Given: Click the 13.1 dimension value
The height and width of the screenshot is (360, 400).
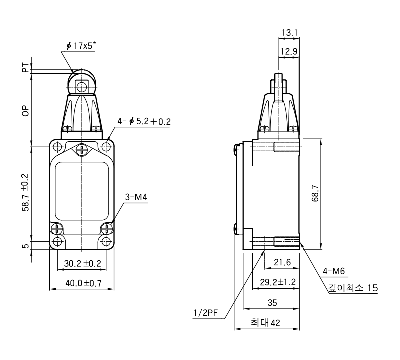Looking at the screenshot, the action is click(x=290, y=33).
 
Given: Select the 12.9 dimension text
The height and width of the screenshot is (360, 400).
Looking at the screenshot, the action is click(x=289, y=52).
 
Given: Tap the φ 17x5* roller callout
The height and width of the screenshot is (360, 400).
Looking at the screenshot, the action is click(x=81, y=46).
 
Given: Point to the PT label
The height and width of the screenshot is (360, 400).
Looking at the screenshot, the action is click(x=26, y=68).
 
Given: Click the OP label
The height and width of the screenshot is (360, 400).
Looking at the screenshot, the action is click(x=26, y=111).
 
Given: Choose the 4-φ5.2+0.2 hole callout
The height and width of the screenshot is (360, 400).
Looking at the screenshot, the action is click(x=144, y=121).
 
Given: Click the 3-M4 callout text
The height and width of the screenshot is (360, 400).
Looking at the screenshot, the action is click(x=136, y=197).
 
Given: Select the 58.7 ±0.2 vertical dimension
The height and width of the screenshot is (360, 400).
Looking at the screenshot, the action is click(x=26, y=193).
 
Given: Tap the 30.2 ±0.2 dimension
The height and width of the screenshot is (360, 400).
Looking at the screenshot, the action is click(x=82, y=263).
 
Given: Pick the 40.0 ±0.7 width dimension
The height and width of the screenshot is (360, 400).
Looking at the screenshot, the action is click(x=83, y=283).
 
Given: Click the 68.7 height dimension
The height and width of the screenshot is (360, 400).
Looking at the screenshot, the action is click(x=315, y=193).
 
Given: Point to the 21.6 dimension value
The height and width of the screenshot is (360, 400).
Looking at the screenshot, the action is click(x=282, y=262).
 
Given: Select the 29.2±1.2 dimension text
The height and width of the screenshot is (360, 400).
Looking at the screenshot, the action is click(x=278, y=282).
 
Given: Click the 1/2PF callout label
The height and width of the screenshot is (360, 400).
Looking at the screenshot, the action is click(x=206, y=313).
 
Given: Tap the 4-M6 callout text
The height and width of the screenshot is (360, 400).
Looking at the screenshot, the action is click(x=334, y=271).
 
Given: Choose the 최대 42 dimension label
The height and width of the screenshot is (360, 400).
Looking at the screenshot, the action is click(x=265, y=322).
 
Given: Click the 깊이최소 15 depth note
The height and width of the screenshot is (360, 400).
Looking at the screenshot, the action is click(x=353, y=288).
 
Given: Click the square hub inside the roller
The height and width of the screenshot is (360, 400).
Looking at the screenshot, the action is click(x=81, y=87).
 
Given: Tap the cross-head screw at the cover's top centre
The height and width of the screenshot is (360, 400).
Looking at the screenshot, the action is click(x=81, y=150).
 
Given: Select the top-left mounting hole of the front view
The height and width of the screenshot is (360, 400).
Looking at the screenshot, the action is click(x=58, y=147).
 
